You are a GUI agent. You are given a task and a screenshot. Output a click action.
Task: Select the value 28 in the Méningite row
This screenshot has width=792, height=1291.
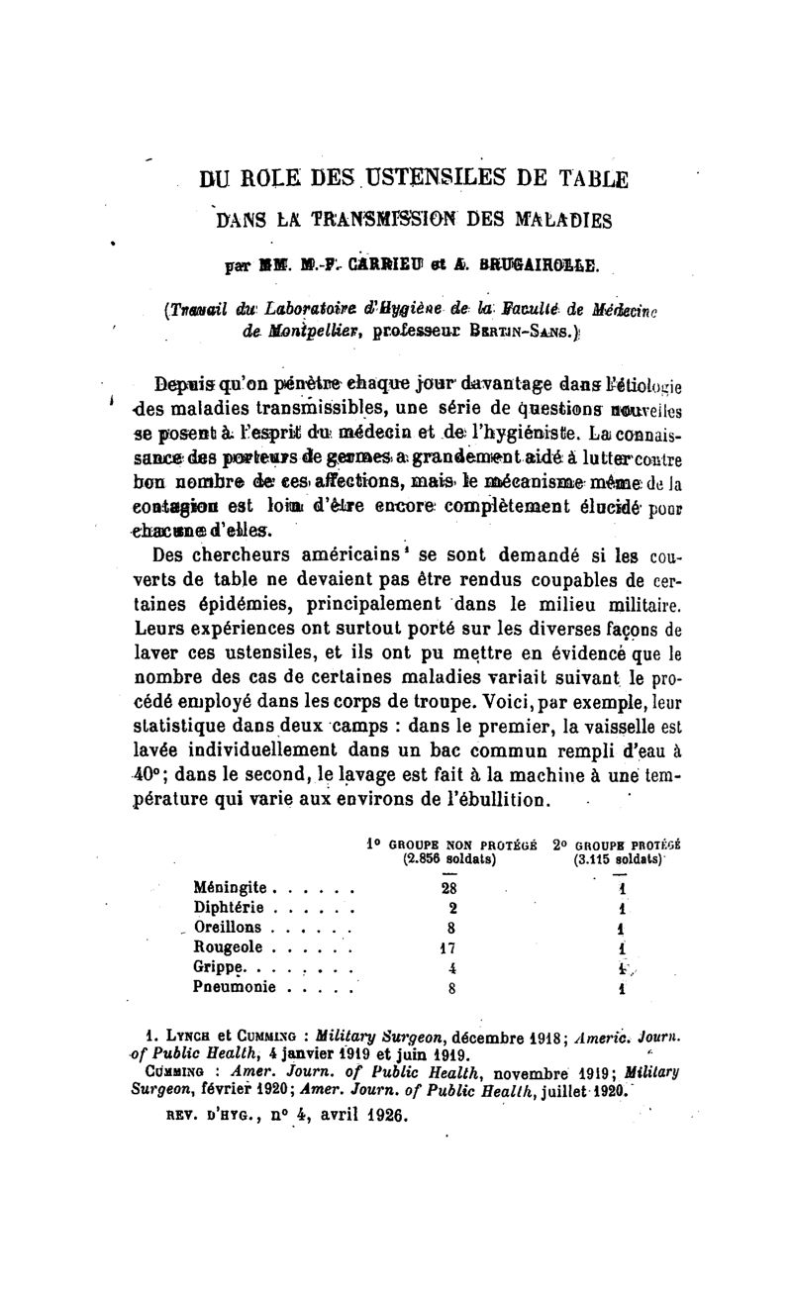450,888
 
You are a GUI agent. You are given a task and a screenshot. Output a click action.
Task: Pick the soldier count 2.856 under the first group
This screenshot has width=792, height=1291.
426,859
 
